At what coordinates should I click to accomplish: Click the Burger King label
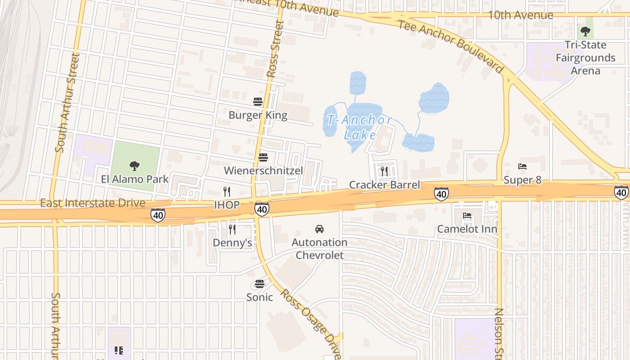(x=257, y=115)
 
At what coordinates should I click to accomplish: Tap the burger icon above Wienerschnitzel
(x=263, y=157)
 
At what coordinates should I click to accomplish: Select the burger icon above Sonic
(x=259, y=284)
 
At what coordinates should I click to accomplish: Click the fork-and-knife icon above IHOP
(x=227, y=192)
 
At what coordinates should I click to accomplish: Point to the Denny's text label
(x=232, y=243)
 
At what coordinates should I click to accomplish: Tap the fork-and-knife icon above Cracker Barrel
(x=384, y=171)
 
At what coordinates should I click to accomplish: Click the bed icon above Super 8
(x=522, y=166)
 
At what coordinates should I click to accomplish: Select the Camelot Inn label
(x=467, y=229)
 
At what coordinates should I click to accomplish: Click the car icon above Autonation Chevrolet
(x=319, y=229)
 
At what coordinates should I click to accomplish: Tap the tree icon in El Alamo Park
(x=134, y=166)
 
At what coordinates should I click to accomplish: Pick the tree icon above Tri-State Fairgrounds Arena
(x=585, y=31)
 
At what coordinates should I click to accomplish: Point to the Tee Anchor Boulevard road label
(x=450, y=45)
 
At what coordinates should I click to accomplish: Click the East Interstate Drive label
(x=93, y=203)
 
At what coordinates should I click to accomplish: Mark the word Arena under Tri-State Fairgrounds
(x=585, y=71)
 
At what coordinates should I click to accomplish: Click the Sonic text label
(x=259, y=297)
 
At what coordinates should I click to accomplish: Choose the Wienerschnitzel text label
(x=263, y=171)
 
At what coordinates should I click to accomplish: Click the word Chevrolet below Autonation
(x=319, y=255)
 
